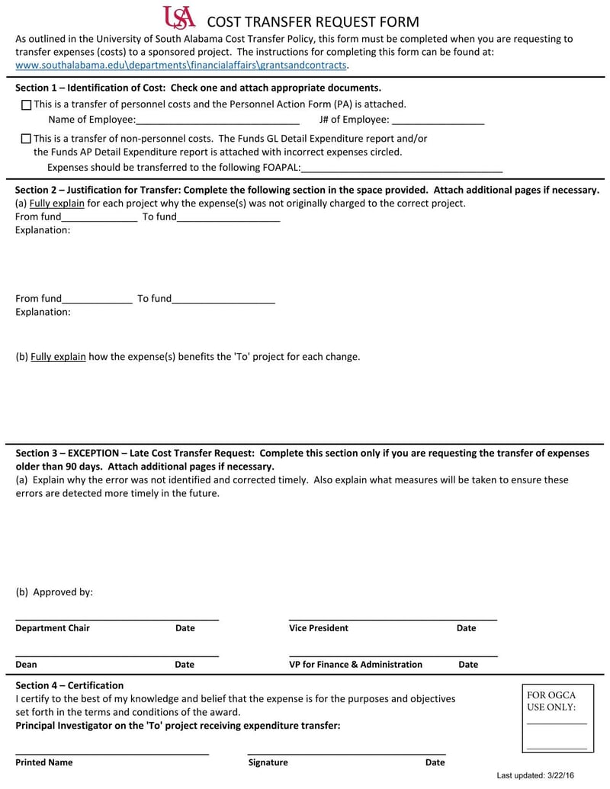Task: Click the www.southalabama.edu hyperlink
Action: click(181, 66)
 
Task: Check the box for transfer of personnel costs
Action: click(27, 105)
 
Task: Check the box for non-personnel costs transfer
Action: click(27, 140)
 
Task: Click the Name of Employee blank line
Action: click(217, 120)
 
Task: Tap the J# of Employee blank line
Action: click(438, 120)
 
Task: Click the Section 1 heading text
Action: click(198, 88)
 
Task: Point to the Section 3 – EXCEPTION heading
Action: click(302, 454)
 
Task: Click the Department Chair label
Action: click(53, 628)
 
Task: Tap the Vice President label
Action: click(319, 628)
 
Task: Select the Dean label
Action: click(26, 665)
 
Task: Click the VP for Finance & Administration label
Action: click(355, 665)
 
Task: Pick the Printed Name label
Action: click(44, 762)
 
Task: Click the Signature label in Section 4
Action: click(268, 762)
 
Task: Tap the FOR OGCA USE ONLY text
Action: click(551, 701)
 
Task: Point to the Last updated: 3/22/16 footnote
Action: click(535, 775)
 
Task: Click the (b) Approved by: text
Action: click(54, 592)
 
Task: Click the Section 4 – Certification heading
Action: click(69, 685)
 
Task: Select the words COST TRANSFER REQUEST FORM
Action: click(313, 22)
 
